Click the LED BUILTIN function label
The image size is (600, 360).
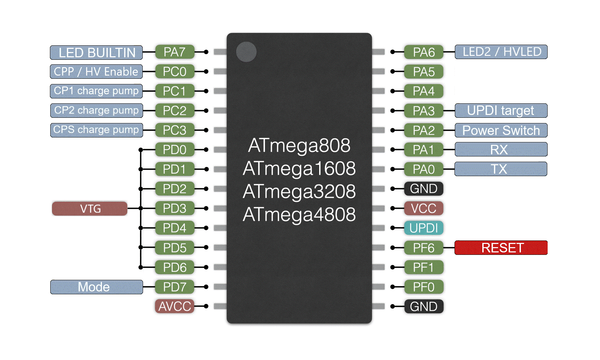(x=96, y=52)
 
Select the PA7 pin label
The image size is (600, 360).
(x=174, y=52)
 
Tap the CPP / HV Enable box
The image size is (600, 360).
(x=96, y=72)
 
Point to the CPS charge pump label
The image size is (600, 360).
(x=96, y=130)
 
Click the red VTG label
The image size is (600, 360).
(x=90, y=208)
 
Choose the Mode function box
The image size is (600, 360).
(x=96, y=287)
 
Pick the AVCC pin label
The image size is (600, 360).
(x=174, y=306)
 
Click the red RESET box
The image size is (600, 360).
(x=501, y=248)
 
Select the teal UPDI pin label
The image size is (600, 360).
(x=424, y=228)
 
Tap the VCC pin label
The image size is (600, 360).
(x=424, y=208)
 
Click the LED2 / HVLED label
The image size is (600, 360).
(x=501, y=52)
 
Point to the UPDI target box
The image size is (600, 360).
(x=501, y=111)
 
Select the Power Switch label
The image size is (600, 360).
(x=501, y=130)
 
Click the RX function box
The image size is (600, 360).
(x=501, y=150)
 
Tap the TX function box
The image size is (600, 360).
(x=501, y=169)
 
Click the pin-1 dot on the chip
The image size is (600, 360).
(x=246, y=52)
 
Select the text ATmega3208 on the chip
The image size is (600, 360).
(x=299, y=192)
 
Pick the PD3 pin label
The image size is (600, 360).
(x=174, y=208)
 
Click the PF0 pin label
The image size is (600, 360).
(x=424, y=287)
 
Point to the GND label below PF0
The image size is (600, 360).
(x=424, y=307)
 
